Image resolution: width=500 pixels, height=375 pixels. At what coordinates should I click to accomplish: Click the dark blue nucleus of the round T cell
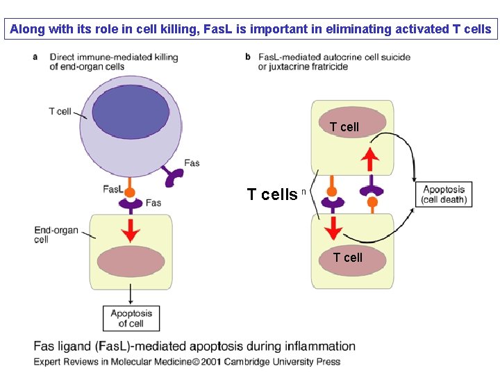(x=131, y=112)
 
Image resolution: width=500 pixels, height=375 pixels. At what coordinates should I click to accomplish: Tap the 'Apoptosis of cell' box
(x=131, y=318)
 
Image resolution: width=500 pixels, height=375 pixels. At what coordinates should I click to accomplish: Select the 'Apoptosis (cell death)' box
(x=444, y=194)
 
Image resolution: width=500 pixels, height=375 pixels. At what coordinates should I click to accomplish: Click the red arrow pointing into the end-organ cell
(x=131, y=231)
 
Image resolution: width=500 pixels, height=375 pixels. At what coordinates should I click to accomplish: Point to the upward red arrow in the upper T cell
(x=370, y=159)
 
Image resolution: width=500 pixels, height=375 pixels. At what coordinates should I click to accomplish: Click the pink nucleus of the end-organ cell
(x=131, y=262)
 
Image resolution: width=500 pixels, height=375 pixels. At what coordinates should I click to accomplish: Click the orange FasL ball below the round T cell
(x=129, y=192)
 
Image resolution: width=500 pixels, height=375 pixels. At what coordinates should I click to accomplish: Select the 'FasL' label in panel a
(x=113, y=190)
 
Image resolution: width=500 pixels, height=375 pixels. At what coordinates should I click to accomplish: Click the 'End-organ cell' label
(x=56, y=235)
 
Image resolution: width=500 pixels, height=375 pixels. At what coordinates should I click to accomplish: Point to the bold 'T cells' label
(x=272, y=194)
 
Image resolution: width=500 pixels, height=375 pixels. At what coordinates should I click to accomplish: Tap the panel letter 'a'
(x=35, y=57)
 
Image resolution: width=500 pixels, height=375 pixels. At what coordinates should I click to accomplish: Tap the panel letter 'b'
(x=248, y=57)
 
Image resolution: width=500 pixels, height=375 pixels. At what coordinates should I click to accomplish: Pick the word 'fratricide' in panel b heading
(x=328, y=67)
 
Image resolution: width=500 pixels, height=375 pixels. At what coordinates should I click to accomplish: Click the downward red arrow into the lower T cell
(x=333, y=228)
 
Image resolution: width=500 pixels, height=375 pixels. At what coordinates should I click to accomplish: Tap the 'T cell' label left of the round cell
(x=60, y=111)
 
